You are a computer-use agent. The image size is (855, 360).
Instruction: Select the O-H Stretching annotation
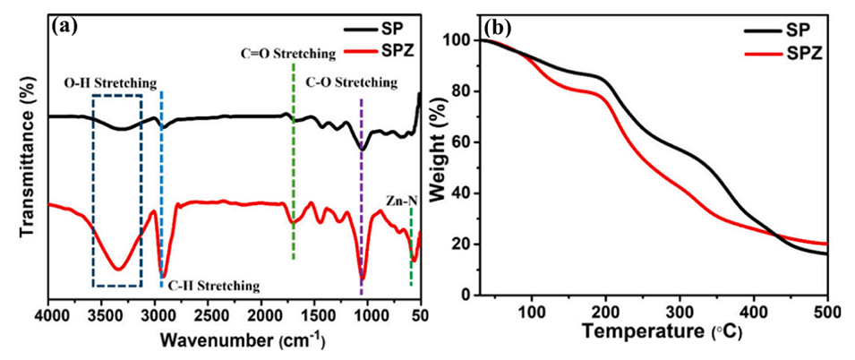[108, 83]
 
